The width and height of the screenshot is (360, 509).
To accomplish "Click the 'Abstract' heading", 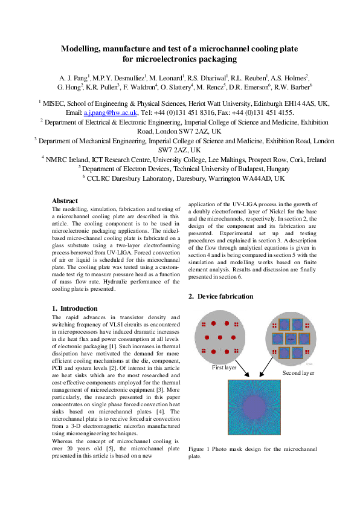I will pyautogui.click(x=65, y=201).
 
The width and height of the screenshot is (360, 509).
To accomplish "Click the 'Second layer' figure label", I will pyautogui.click(x=298, y=374).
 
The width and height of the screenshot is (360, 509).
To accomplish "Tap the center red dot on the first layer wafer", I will pyautogui.click(x=220, y=337).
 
